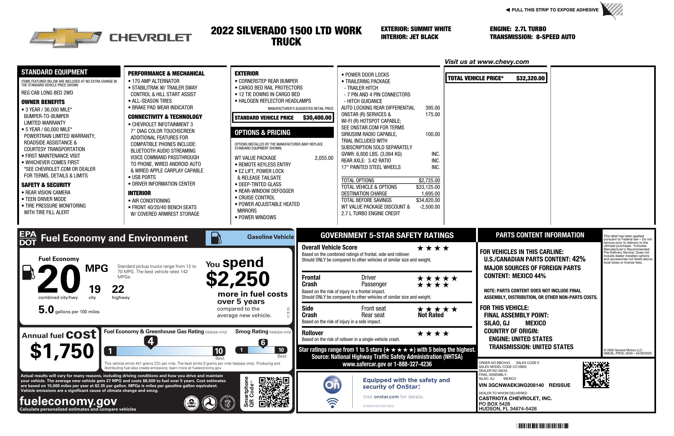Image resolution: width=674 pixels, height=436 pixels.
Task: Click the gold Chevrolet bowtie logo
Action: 66,37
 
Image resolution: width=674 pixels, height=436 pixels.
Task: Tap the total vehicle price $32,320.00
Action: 530,78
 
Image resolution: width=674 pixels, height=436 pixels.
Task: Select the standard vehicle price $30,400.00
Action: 317,118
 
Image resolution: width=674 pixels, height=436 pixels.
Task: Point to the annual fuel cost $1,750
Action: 62,351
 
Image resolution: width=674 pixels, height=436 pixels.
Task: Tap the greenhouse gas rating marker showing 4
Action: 151,341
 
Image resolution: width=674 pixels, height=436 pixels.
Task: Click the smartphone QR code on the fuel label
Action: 274,392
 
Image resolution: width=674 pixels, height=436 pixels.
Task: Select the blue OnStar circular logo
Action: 332,385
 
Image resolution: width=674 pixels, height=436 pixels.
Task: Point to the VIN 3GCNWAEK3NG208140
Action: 511,385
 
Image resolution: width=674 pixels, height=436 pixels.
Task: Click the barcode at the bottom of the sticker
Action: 542,426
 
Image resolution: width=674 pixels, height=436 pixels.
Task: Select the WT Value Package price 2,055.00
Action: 324,158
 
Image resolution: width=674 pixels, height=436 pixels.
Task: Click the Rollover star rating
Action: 433,334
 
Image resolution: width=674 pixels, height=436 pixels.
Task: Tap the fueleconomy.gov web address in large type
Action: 68,401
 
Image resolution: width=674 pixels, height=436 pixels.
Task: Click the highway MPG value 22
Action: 118,289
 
